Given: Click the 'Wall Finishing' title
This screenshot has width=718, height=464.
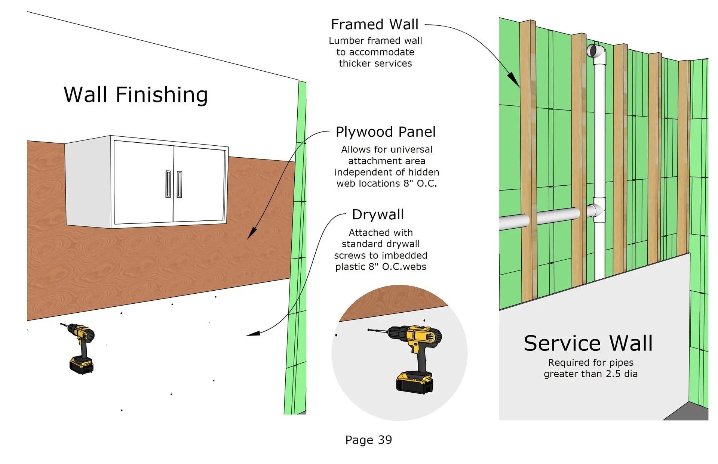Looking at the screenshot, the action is coord(136,95).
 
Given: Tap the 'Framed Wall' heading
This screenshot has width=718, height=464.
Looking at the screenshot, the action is coord(375,25).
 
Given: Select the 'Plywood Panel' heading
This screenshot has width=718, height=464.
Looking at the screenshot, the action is coord(386,132).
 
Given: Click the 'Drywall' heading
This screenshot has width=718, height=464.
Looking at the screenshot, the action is coord(378,215).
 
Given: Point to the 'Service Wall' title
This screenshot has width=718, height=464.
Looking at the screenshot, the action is coord(588,343).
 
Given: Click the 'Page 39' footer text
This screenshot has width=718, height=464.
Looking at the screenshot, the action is coord(369,440).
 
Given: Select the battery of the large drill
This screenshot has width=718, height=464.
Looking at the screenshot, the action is coord(414,382).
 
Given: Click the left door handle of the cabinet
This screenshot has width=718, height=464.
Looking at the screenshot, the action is coord(168,184).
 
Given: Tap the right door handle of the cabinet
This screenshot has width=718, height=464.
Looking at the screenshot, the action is coord(179,184).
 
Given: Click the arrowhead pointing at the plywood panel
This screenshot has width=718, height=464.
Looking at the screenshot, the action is coord(252,233).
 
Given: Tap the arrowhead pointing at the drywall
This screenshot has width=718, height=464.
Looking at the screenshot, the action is coord(253,333).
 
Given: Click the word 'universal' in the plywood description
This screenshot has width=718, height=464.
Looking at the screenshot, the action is coord(410,149).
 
